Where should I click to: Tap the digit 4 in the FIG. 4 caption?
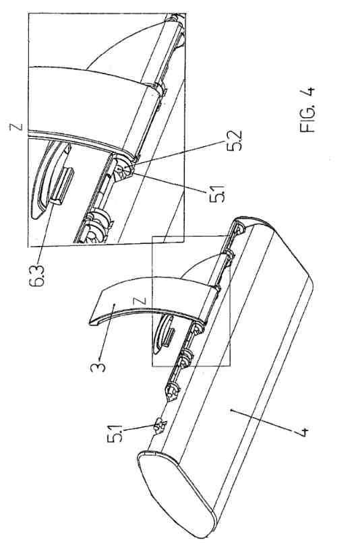309,92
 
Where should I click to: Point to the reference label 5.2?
235,141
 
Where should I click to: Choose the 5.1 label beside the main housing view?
115,433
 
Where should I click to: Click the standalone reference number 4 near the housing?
301,433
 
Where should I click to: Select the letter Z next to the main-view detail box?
144,300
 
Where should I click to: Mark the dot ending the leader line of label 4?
231,410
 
